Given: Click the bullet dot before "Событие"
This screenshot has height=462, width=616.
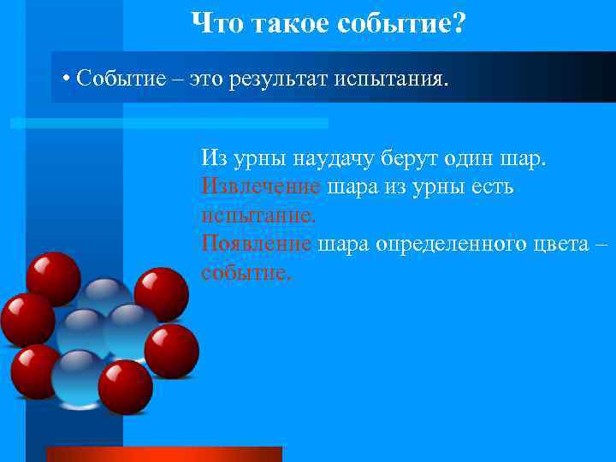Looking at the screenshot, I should point(66,80).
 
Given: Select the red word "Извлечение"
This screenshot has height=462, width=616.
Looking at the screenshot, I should point(261,187).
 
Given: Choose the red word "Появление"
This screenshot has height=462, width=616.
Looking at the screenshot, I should point(257,244).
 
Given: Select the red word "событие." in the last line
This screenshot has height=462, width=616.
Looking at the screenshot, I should point(246,272).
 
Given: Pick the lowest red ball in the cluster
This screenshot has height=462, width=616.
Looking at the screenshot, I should point(125,387).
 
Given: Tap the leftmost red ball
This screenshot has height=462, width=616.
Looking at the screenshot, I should point(27,319).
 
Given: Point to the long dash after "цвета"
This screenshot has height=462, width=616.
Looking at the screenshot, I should point(603,244).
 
